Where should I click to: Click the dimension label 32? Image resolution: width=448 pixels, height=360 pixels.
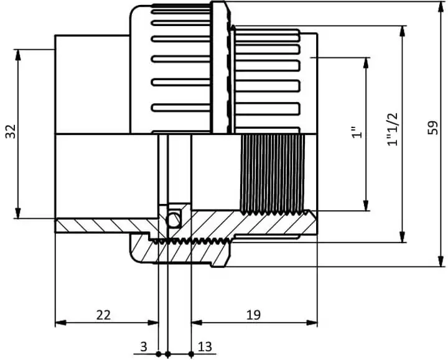(11, 131)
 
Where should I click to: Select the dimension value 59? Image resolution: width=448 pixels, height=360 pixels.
(433, 127)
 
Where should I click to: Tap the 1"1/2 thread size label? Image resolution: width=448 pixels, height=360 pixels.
(392, 129)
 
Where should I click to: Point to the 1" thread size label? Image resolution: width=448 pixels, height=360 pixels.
(357, 132)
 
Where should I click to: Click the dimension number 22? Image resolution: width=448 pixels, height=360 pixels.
(103, 315)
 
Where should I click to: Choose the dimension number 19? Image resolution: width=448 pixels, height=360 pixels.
(253, 315)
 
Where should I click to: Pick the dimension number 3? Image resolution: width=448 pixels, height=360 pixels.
(144, 347)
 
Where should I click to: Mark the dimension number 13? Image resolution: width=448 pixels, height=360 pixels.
(205, 347)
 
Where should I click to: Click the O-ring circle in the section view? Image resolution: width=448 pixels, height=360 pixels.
(174, 220)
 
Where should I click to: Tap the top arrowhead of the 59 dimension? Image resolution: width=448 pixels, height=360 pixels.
(441, 7)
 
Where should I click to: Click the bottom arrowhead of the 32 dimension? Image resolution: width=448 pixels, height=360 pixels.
(18, 213)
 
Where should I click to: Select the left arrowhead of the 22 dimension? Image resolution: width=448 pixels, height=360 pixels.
(60, 323)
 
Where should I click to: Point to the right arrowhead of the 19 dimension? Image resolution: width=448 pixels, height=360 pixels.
(312, 323)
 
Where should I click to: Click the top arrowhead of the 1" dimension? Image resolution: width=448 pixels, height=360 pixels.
(366, 63)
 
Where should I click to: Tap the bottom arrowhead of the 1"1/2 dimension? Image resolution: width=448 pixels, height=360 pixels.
(403, 237)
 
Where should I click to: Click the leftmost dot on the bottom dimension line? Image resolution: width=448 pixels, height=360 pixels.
(158, 354)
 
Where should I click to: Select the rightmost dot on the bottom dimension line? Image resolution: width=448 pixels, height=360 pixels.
(192, 354)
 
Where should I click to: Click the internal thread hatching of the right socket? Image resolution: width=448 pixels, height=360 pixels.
(273, 174)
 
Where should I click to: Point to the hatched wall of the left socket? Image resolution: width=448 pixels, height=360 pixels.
(103, 226)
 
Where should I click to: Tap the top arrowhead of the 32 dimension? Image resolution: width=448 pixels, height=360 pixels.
(18, 55)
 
